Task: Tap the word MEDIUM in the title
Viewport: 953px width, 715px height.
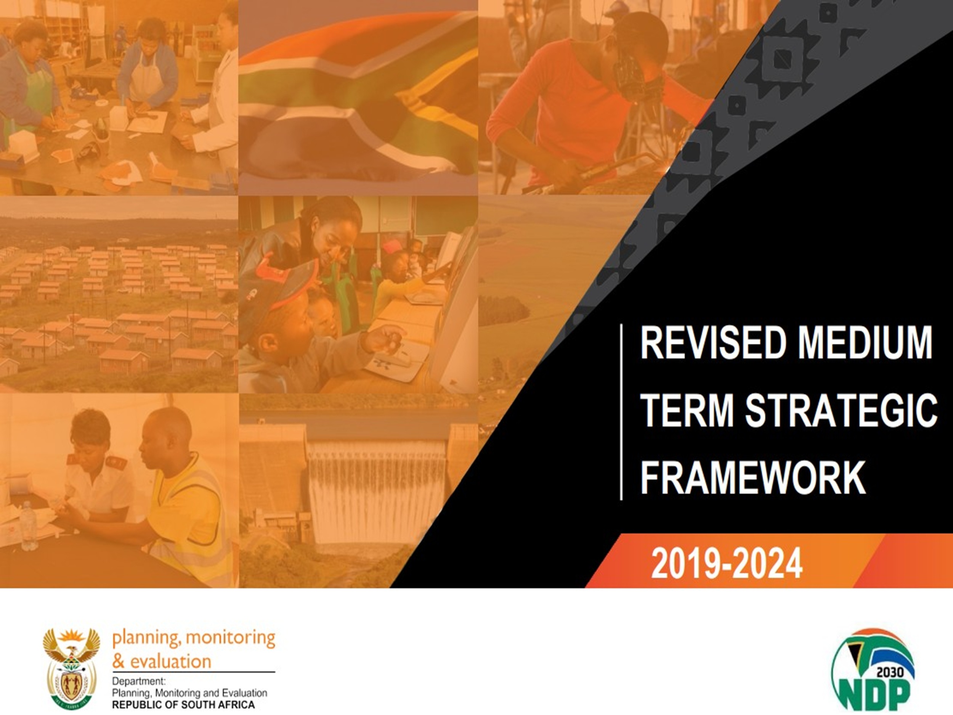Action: pyautogui.click(x=865, y=343)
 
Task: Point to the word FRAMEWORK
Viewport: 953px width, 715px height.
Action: pyautogui.click(x=753, y=477)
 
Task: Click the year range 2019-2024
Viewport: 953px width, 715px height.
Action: pyautogui.click(x=727, y=563)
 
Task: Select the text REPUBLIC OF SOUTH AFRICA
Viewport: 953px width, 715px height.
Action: pyautogui.click(x=183, y=705)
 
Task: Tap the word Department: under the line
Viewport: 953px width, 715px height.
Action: pyautogui.click(x=139, y=682)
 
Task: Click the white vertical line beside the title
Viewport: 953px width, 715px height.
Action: pyautogui.click(x=621, y=411)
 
